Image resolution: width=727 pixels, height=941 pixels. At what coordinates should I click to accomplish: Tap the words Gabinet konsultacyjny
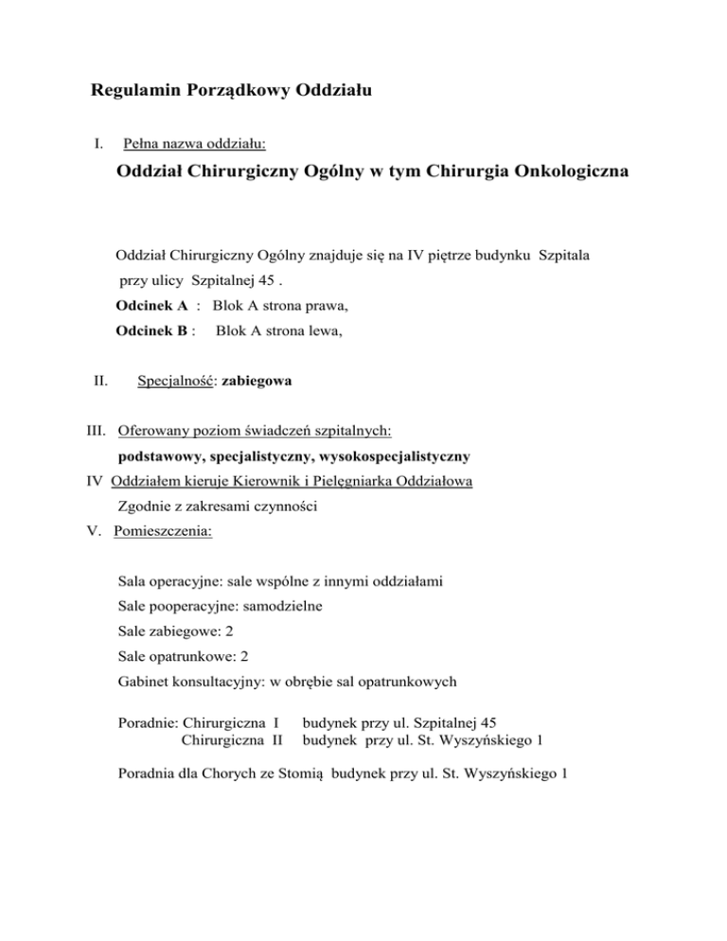pos(191,677)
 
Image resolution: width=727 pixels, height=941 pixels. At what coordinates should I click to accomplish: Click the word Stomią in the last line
pos(301,772)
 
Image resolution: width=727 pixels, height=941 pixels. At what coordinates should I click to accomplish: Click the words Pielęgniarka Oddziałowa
pos(403,481)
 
